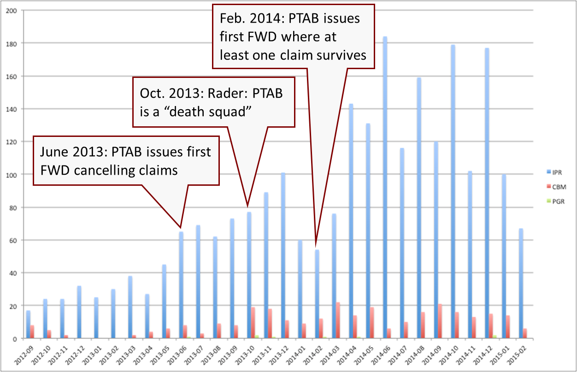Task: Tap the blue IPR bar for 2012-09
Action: click(28, 325)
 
